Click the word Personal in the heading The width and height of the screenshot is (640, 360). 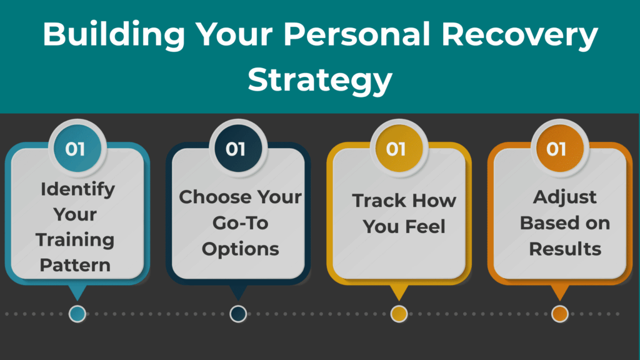pos(364,36)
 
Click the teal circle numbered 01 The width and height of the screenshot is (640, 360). pos(75,149)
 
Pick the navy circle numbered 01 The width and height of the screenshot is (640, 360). pos(236,149)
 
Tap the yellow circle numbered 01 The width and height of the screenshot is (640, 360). pos(396,149)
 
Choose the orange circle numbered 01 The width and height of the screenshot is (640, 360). pos(556,149)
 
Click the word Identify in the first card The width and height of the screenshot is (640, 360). pos(77,189)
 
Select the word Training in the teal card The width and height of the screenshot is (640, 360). pos(75,239)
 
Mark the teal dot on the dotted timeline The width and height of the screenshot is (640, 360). pos(77,314)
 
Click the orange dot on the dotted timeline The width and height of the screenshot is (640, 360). pos(559,314)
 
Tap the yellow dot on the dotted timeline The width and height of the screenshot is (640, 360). pos(399,314)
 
